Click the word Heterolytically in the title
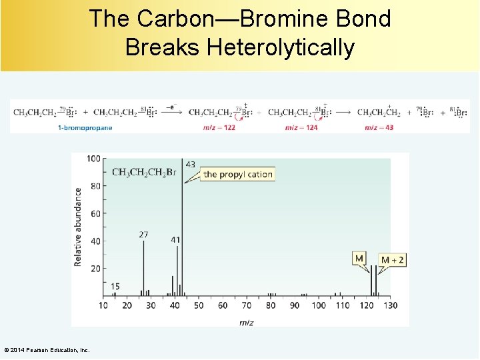click(280, 48)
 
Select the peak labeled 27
click(143, 267)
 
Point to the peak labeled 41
click(177, 270)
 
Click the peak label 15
click(115, 287)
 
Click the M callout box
click(359, 258)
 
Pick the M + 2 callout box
click(392, 259)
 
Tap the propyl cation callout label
click(238, 175)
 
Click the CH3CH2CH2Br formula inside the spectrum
click(144, 173)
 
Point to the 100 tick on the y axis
click(93, 159)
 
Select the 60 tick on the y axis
click(96, 213)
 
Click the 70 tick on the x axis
click(247, 305)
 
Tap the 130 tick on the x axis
click(391, 305)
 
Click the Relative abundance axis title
click(78, 227)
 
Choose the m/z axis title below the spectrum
click(245, 322)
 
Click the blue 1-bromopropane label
click(85, 127)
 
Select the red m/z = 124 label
click(301, 127)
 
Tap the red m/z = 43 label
click(379, 127)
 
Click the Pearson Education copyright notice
click(47, 350)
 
